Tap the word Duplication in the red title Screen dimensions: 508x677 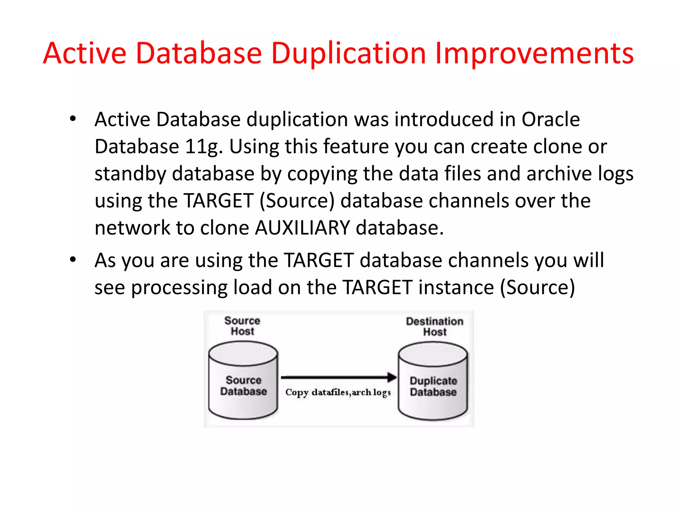point(348,54)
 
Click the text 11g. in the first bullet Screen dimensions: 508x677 point(204,147)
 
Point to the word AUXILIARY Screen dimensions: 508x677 point(302,228)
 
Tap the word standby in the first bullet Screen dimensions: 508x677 point(130,174)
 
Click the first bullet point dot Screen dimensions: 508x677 point(73,118)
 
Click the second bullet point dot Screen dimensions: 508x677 point(73,259)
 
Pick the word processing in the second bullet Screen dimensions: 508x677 point(179,287)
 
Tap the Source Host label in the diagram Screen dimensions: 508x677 point(242,326)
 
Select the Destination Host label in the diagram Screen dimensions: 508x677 point(434,326)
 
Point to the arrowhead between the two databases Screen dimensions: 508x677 point(392,377)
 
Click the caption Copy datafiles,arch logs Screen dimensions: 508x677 point(338,393)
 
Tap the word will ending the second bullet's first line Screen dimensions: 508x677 point(588,260)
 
